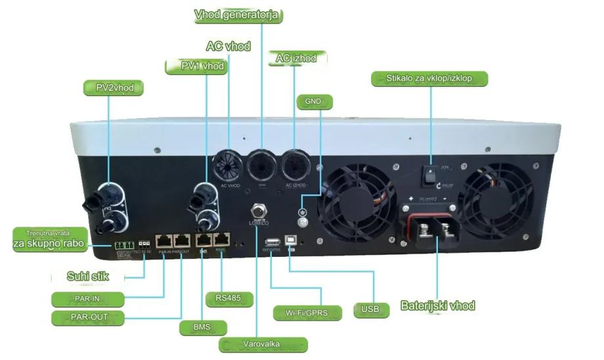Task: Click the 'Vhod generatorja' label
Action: click(x=238, y=15)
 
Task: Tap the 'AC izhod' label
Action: click(x=296, y=58)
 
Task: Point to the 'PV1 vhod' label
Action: click(x=203, y=66)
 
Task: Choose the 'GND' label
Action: click(x=315, y=102)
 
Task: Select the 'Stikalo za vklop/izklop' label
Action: click(x=431, y=79)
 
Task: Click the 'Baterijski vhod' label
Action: click(x=437, y=305)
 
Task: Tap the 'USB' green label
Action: click(x=371, y=307)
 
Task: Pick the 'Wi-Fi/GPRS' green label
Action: click(x=307, y=312)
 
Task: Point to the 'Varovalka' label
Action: click(x=263, y=344)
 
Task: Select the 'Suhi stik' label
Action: click(x=87, y=276)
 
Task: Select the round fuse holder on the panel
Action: click(x=257, y=211)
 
